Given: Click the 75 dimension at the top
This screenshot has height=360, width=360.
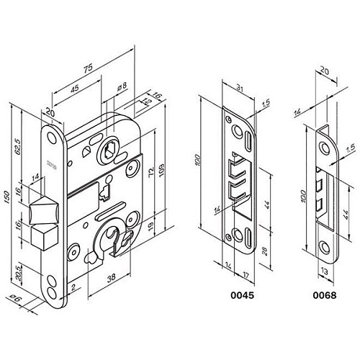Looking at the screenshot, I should click(x=86, y=69).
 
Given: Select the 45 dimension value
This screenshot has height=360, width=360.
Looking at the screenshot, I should click(x=75, y=89).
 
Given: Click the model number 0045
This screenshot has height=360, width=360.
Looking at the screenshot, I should click(x=239, y=295).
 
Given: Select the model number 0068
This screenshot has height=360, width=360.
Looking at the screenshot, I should click(x=326, y=295).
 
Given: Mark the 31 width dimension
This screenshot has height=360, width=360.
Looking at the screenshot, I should click(x=240, y=89).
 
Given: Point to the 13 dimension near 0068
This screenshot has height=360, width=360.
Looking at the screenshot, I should click(x=325, y=272).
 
